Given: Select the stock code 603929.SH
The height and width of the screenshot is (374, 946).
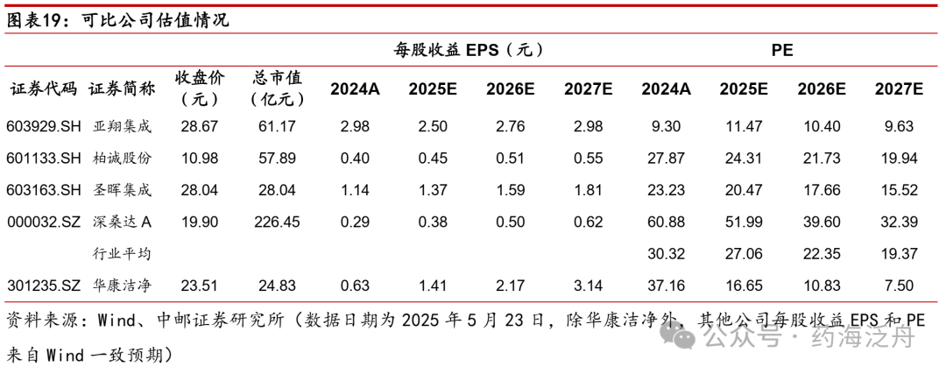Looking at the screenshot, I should coord(44,127).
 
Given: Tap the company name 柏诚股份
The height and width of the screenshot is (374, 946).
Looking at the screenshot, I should coord(122,159).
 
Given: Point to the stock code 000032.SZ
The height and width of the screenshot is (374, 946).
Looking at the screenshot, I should coord(44,222).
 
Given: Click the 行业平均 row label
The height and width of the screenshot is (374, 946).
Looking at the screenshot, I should coord(122,253).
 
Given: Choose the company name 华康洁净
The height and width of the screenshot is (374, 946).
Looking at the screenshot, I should coord(122,285).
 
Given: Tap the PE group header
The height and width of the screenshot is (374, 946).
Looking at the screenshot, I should coord(782,51).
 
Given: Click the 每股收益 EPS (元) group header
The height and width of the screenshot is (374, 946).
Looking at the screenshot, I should coord(469,51).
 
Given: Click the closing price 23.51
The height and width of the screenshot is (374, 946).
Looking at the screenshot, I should coord(199,285).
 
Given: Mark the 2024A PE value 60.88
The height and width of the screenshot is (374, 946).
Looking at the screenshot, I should coord(666,222).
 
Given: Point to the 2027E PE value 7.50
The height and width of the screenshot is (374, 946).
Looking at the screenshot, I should coord(900,285).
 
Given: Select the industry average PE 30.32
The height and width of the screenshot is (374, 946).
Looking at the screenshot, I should coord(666,253).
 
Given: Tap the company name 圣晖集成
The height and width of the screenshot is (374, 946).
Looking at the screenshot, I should coord(122,190).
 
